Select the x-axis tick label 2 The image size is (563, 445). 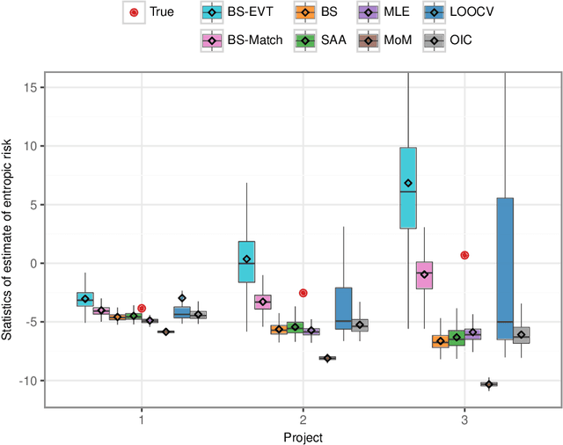pos(303,419)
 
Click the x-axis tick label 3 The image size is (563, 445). pos(464,419)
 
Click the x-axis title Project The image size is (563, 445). pos(303,437)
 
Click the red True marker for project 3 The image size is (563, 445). pos(464,255)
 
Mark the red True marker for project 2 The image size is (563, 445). pos(303,293)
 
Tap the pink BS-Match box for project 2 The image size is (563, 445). pos(262,302)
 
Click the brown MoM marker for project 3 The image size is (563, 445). pos(488,384)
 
